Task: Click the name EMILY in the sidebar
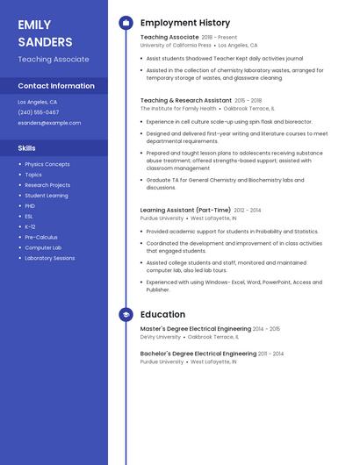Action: point(34,25)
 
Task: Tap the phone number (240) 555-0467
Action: point(39,112)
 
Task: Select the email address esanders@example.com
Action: point(49,123)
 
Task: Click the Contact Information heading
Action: point(56,86)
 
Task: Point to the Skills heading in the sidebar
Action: point(27,148)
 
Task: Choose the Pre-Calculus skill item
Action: point(41,237)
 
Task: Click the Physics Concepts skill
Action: point(47,164)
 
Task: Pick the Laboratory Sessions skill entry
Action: point(50,258)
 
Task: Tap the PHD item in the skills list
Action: point(30,205)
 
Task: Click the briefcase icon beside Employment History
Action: point(126,23)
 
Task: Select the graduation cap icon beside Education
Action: point(126,314)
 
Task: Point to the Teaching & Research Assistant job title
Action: point(186,101)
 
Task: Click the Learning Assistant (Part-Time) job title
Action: point(185,211)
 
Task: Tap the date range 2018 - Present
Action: point(220,38)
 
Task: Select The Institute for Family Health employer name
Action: point(178,109)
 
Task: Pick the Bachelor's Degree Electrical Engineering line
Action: point(198,354)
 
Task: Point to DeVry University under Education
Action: point(161,337)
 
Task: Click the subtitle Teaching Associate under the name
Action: point(54,60)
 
